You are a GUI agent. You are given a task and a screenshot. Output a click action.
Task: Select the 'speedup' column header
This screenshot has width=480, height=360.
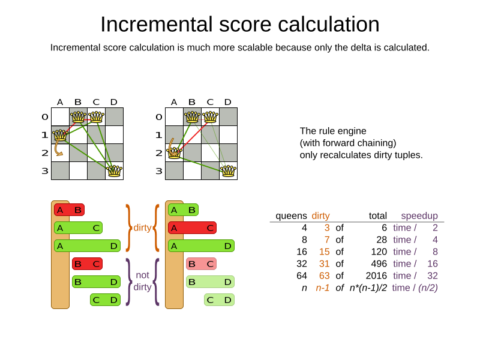pos(419,216)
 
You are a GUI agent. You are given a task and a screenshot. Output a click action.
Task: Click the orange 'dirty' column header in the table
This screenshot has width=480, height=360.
pos(320,216)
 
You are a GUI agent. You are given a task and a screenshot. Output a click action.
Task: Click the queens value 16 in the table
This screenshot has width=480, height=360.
pos(302,252)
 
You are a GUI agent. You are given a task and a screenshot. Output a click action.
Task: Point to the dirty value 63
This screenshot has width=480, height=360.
pos(323,276)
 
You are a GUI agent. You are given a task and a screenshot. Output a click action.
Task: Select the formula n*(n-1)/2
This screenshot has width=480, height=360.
pos(368,288)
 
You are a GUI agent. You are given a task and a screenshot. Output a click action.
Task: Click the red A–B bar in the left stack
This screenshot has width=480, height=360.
pos(69,210)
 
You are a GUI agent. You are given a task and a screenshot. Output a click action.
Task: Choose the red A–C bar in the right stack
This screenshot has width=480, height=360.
pos(192,228)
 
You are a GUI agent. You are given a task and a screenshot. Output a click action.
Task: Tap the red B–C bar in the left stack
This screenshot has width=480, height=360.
pos(87,264)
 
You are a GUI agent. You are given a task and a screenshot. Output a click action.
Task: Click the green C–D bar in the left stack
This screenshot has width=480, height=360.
pos(105,300)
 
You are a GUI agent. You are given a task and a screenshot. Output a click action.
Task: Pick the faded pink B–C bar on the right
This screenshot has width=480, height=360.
pos(201,264)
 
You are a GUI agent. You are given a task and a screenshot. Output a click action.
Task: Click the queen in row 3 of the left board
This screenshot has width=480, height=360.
pos(114,171)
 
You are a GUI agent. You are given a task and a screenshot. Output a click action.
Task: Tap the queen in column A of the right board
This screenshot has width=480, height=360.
pos(174,152)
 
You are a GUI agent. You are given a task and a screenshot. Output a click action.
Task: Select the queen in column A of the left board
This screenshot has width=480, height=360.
pos(60,135)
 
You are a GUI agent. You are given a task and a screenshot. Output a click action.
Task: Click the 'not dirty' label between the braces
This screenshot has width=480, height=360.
pos(142,281)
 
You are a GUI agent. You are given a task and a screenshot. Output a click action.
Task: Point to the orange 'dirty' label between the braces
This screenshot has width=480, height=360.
pos(142,228)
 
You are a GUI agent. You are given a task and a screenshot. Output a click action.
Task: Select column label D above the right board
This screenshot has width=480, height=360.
pos(228,102)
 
